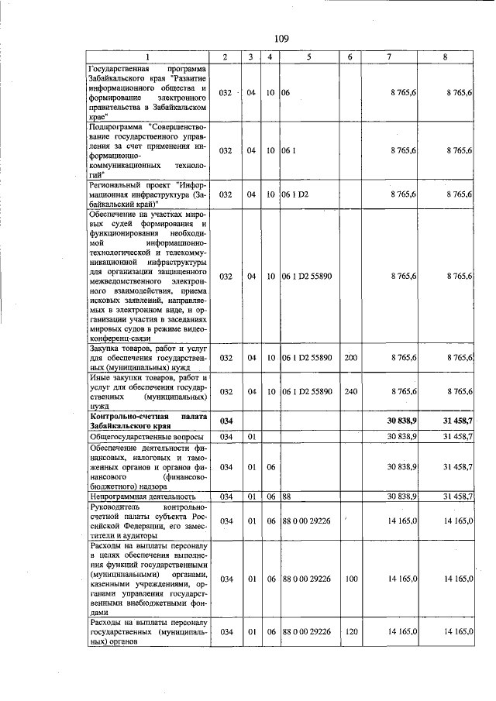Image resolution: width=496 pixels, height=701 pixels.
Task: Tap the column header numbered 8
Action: (x=445, y=57)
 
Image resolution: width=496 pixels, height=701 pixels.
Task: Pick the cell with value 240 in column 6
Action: (x=350, y=391)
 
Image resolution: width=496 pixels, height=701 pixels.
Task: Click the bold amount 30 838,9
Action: (x=402, y=421)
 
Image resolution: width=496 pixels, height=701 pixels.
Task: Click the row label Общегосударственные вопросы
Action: (x=139, y=438)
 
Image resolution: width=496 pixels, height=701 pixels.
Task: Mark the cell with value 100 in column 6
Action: (x=350, y=579)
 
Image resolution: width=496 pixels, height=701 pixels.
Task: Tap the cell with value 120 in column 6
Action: (x=350, y=632)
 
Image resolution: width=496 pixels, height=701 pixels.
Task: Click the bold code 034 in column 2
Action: (x=226, y=421)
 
